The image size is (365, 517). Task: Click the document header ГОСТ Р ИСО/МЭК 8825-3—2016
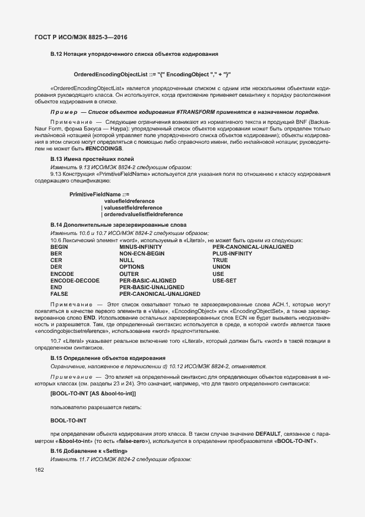77,37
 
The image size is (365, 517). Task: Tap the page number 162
39,469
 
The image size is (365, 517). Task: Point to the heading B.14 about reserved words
118,224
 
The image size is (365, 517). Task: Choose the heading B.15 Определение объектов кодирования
108,358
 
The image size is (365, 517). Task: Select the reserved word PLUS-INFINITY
232,253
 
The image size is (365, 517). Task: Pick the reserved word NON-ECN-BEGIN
142,253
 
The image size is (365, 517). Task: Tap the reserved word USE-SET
224,280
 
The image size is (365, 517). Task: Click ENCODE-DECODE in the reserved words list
75,280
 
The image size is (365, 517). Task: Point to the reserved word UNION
221,267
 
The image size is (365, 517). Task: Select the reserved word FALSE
59,294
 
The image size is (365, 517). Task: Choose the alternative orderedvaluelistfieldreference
143,214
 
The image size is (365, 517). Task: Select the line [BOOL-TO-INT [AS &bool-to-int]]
93,393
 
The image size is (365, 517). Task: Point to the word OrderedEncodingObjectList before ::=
110,74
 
